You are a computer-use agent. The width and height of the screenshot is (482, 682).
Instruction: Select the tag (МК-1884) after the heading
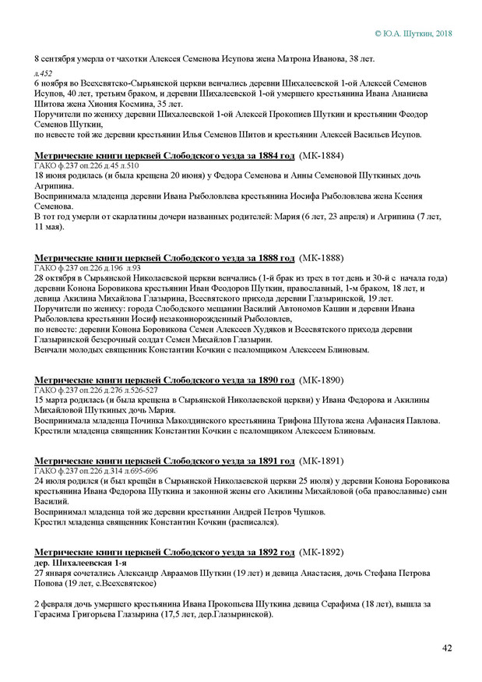point(321,155)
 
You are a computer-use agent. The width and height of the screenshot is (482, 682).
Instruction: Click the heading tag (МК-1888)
point(321,257)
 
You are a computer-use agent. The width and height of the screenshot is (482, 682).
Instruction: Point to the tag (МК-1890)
point(321,380)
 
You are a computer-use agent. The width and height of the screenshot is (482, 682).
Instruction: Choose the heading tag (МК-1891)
point(321,461)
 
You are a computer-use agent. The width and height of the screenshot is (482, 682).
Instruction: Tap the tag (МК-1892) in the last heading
point(321,552)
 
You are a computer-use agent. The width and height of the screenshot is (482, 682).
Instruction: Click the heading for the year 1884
point(164,155)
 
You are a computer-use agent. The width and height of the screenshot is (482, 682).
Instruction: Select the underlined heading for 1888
point(164,257)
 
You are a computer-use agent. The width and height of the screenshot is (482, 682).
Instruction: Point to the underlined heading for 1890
point(164,380)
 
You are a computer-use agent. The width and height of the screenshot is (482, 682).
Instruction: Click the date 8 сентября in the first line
point(58,58)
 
